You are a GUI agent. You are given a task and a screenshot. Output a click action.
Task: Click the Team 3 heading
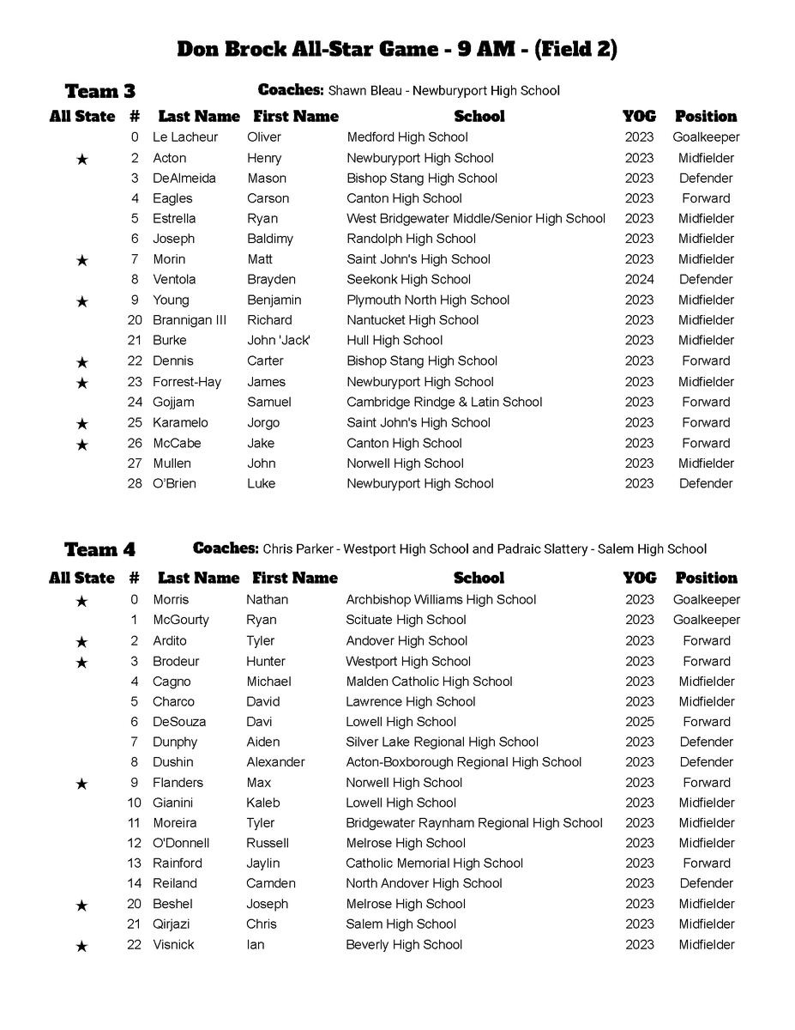coord(99,91)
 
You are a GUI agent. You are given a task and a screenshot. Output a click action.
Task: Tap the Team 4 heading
coord(99,549)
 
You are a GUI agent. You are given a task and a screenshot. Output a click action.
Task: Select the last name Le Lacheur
coord(185,137)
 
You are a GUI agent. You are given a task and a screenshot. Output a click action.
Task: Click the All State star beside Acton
coord(81,159)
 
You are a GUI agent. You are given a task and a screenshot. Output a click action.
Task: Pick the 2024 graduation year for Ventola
coord(639,279)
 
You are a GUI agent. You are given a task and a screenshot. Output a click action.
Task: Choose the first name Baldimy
coord(269,239)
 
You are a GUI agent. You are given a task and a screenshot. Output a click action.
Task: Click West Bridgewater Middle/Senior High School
coord(476,219)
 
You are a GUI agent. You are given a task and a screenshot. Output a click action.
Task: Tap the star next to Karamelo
coord(81,423)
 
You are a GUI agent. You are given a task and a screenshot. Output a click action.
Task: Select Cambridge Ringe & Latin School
coord(444,402)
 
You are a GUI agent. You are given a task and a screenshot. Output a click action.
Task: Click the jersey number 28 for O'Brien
coord(134,483)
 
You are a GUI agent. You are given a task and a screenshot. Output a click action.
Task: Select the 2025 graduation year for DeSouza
coord(639,722)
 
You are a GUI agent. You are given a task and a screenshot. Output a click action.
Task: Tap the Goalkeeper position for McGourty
coord(706,620)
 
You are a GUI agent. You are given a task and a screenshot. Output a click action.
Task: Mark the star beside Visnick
coord(81,946)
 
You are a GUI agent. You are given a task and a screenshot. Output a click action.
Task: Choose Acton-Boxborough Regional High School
coord(463,762)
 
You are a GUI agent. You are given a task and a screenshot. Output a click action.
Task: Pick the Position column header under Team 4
coord(706,578)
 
